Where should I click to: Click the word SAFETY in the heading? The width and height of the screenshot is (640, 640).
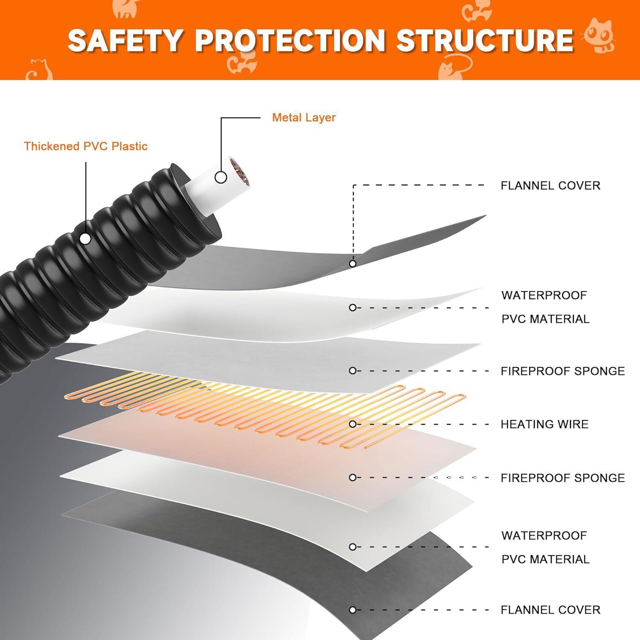(125, 40)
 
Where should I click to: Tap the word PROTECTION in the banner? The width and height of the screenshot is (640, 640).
(290, 40)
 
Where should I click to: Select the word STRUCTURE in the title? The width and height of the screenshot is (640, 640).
(485, 40)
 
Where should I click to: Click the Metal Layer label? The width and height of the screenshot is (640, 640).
(304, 117)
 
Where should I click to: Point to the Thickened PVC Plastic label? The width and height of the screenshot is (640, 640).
(86, 146)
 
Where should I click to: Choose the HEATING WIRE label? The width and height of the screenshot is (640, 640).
(544, 424)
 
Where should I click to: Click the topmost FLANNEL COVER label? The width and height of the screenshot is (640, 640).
(550, 186)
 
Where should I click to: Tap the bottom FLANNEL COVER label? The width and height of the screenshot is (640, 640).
(550, 610)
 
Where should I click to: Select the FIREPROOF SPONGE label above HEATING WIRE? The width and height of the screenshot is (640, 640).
(563, 371)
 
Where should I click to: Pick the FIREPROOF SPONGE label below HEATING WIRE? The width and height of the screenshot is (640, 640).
(563, 478)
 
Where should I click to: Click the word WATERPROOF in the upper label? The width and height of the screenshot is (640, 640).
(544, 295)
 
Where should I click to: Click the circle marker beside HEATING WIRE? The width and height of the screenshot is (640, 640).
(352, 424)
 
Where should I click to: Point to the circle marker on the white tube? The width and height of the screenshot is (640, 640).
(221, 177)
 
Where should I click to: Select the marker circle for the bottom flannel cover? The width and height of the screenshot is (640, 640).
(352, 610)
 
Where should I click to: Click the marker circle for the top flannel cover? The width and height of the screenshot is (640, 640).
(352, 264)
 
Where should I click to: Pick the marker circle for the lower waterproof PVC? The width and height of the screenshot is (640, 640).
(352, 547)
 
